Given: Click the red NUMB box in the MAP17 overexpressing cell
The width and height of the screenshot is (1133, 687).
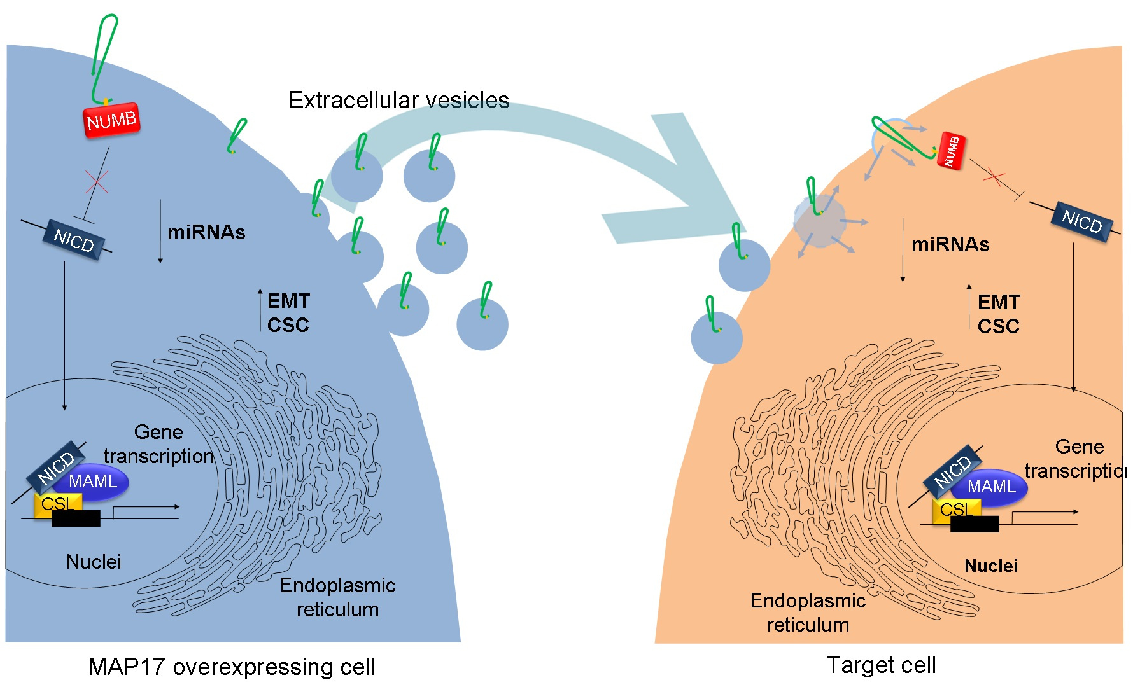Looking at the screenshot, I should tap(111, 120).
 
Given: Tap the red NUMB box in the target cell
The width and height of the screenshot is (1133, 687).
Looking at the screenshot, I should tap(952, 151).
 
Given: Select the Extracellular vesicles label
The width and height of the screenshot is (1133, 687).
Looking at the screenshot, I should tap(398, 101).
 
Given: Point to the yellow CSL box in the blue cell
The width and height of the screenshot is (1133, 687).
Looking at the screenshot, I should tap(57, 504).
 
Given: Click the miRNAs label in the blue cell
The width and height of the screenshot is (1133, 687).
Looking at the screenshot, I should tap(206, 233).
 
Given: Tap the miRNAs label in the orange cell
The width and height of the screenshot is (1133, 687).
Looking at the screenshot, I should tap(950, 245).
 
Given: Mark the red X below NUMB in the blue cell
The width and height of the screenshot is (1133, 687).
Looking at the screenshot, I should tap(97, 183).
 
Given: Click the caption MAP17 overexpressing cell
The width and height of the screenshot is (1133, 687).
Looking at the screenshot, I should tap(231, 667).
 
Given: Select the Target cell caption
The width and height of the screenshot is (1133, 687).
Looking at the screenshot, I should tap(881, 665).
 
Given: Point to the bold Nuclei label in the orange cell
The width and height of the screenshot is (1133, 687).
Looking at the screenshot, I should tap(991, 566).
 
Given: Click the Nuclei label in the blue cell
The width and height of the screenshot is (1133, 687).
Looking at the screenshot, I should tap(94, 562).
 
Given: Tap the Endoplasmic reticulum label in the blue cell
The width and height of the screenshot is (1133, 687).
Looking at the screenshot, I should tap(337, 597).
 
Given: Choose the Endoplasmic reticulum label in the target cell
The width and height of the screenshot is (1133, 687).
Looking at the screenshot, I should tap(808, 613).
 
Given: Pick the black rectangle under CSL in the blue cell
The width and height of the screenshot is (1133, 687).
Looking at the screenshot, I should tap(76, 519).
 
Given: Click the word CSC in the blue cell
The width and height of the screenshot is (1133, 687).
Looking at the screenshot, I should tap(288, 325).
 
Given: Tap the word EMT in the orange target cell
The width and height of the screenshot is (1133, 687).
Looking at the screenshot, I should tap(999, 302).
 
